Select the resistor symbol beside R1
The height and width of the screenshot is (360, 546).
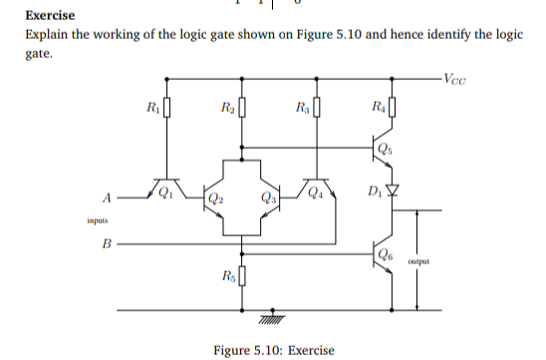166,107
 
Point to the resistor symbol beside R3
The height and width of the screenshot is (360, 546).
317,107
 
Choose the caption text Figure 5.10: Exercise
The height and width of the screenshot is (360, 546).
274,349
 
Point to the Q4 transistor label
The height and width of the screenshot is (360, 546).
316,192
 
